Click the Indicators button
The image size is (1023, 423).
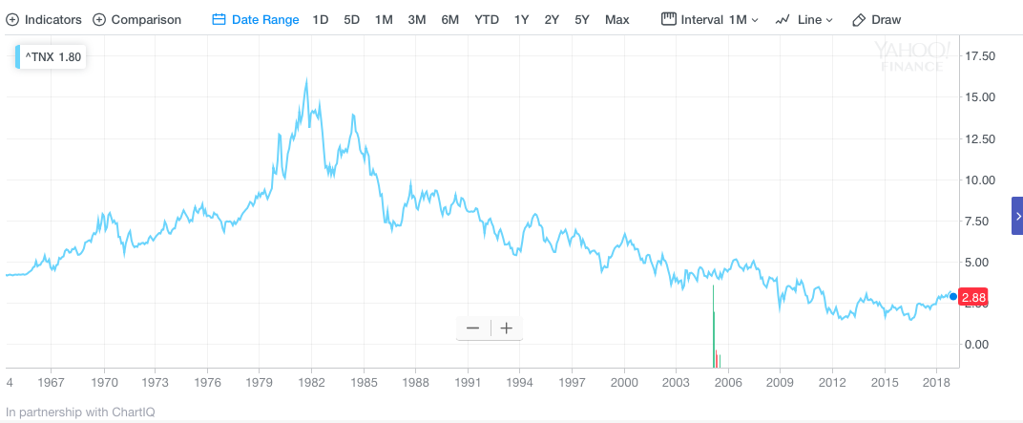pyautogui.click(x=44, y=19)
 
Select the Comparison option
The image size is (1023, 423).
pyautogui.click(x=136, y=19)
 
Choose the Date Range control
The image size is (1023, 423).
pyautogui.click(x=255, y=19)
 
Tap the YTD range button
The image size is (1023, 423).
pyautogui.click(x=487, y=19)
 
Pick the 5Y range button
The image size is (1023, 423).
pyautogui.click(x=582, y=19)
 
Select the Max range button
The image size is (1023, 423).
pyautogui.click(x=616, y=19)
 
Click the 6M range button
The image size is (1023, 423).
pyautogui.click(x=449, y=19)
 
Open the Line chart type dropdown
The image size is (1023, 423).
pyautogui.click(x=804, y=19)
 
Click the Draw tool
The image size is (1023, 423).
pyautogui.click(x=876, y=19)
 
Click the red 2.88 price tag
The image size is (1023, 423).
pyautogui.click(x=973, y=298)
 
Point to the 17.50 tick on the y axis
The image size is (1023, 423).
pyautogui.click(x=981, y=56)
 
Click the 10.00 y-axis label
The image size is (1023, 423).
pyautogui.click(x=981, y=180)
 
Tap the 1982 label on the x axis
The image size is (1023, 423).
pyautogui.click(x=311, y=382)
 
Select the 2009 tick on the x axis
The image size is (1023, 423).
pyautogui.click(x=780, y=382)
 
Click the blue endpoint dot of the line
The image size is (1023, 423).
pyautogui.click(x=953, y=296)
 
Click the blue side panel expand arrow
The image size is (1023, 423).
pyautogui.click(x=1017, y=216)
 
